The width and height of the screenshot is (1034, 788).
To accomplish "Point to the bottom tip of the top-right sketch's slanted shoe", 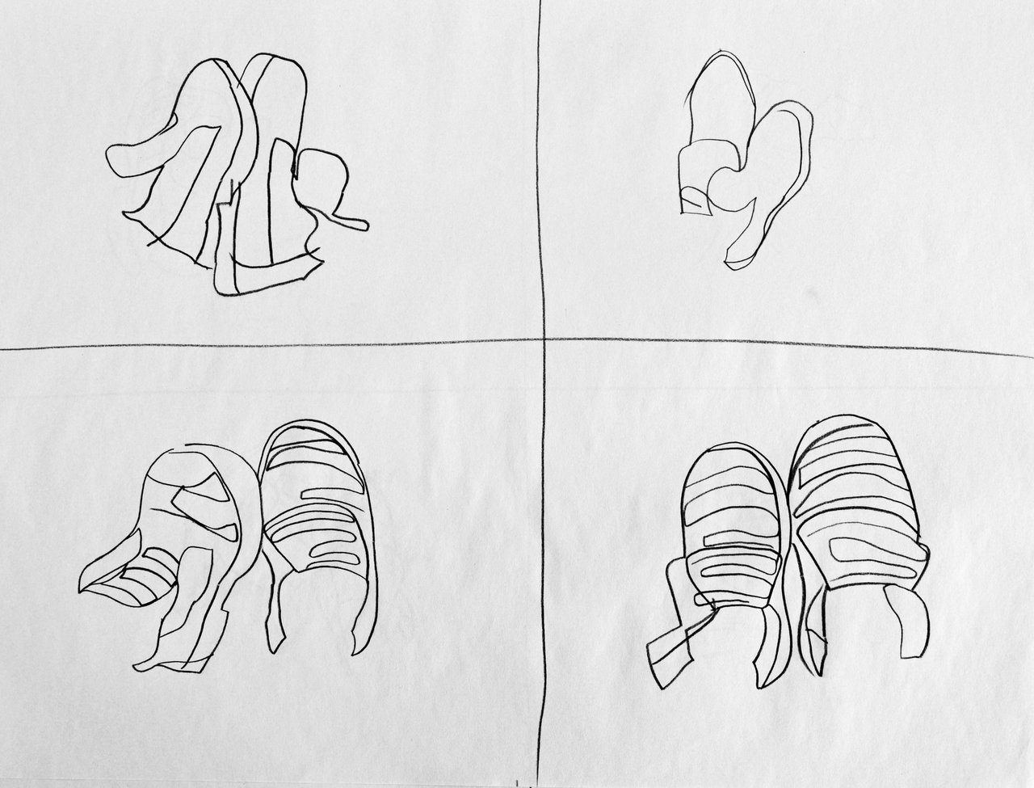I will pos(731,263).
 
